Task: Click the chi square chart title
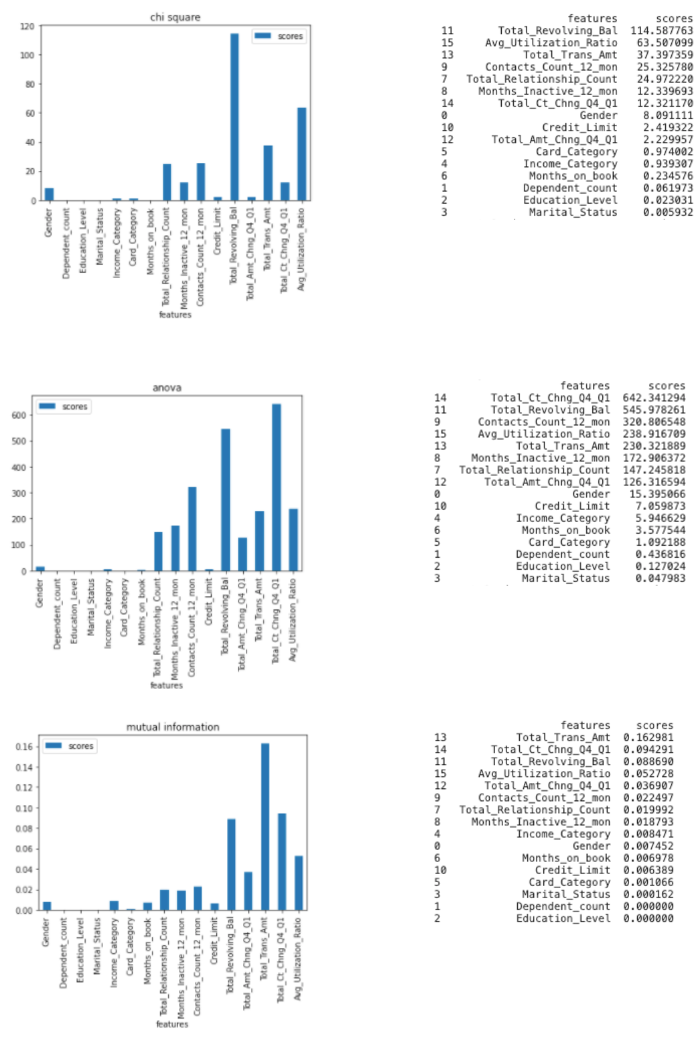pos(175,17)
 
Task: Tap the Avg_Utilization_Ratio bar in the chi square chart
pos(302,154)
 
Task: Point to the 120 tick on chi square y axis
pos(27,26)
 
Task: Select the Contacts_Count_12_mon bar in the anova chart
pos(192,529)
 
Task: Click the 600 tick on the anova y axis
pos(19,415)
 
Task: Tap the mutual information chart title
pos(173,727)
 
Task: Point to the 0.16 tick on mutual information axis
pos(24,746)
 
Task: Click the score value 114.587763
pos(661,30)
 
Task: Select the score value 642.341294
pos(654,398)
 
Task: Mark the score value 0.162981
pos(648,737)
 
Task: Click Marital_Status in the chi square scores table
pos(573,212)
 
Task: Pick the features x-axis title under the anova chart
pos(166,685)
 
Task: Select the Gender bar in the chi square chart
pos(49,194)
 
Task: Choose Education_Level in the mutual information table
pos(563,918)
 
